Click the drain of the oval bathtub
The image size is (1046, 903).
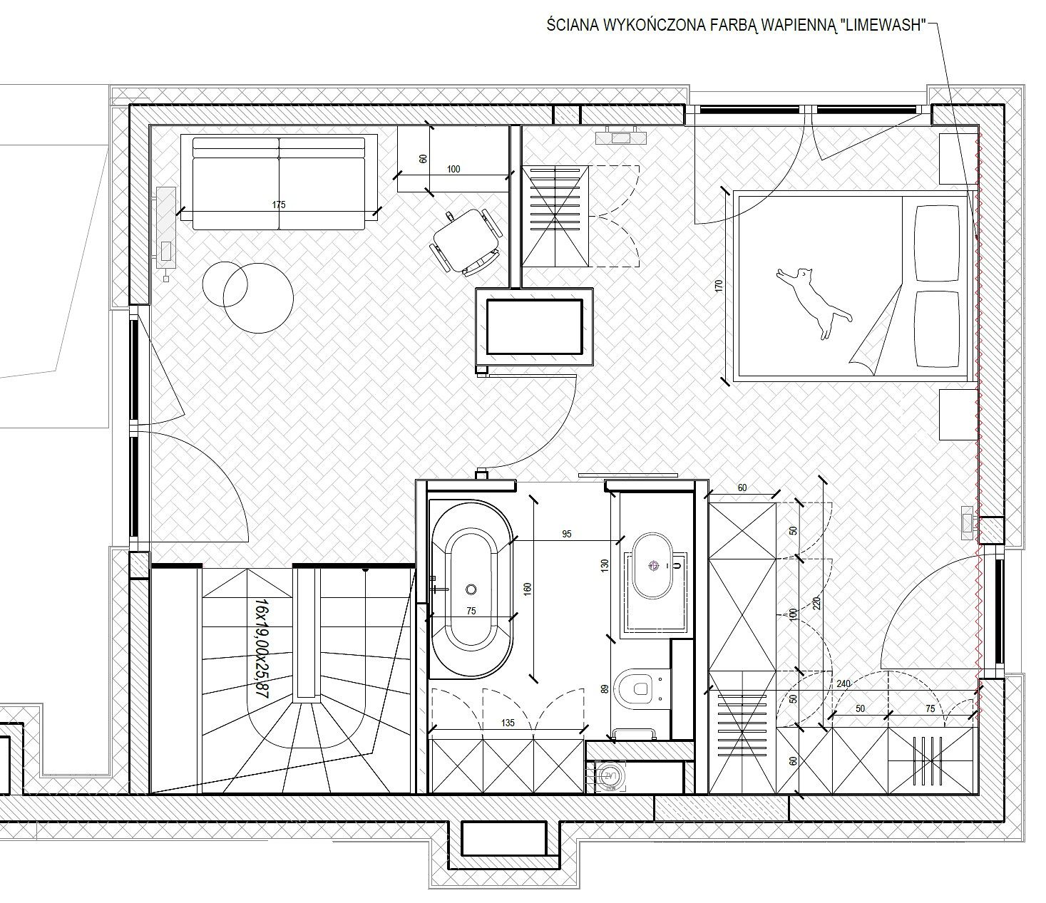471,589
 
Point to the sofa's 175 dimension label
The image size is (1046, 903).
279,205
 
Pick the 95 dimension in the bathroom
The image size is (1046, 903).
566,534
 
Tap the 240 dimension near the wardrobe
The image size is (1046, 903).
844,683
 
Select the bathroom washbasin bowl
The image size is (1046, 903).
653,566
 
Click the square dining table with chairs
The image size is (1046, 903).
466,241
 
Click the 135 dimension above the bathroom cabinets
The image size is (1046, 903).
508,723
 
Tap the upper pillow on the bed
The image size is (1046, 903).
937,243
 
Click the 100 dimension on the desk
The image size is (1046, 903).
453,169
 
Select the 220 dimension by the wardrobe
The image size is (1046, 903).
816,604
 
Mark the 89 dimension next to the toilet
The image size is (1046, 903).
605,688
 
